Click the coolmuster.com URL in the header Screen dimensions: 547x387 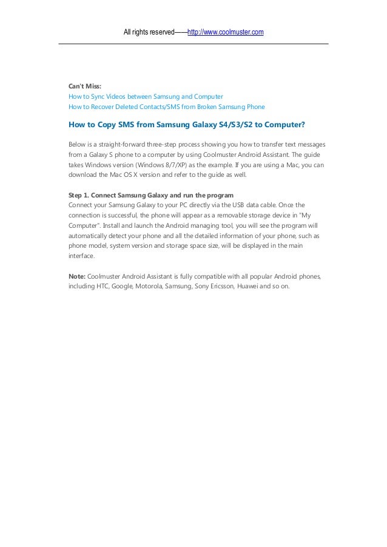click(x=226, y=31)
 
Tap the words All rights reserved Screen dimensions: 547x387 click(x=148, y=31)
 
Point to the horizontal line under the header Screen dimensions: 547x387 click(x=193, y=44)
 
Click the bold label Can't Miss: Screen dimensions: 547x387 click(x=85, y=86)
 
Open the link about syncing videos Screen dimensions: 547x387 click(x=146, y=96)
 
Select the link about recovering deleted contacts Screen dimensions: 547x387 click(x=167, y=107)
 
